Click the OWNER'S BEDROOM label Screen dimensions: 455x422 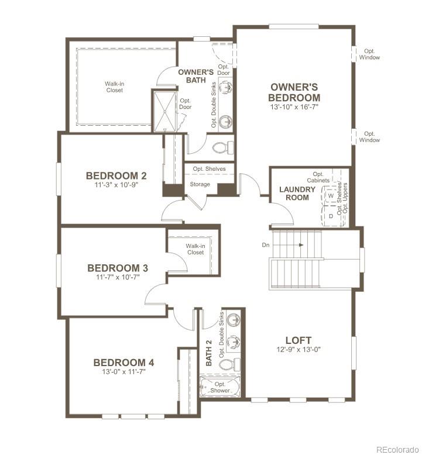[x=294, y=92]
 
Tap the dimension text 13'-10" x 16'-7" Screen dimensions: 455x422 [x=294, y=108]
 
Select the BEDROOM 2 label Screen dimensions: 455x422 [x=116, y=175]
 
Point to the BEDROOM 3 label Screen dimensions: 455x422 [x=117, y=268]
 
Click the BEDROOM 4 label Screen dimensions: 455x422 [x=123, y=363]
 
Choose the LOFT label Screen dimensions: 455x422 [x=298, y=340]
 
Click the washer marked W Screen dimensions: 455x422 [x=331, y=196]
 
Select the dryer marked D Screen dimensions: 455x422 [x=331, y=215]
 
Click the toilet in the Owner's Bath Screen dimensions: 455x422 [x=223, y=146]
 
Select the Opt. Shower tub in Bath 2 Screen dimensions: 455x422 [x=220, y=387]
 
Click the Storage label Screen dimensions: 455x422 [x=200, y=185]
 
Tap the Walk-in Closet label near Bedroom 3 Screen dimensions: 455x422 [x=195, y=249]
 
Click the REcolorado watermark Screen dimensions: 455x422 [x=397, y=449]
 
